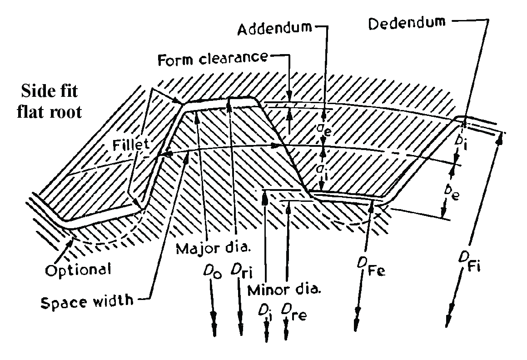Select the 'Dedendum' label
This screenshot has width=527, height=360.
coord(407,23)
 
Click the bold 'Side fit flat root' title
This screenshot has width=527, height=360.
coord(50,102)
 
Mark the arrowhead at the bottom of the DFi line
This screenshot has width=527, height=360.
coord(449,320)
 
